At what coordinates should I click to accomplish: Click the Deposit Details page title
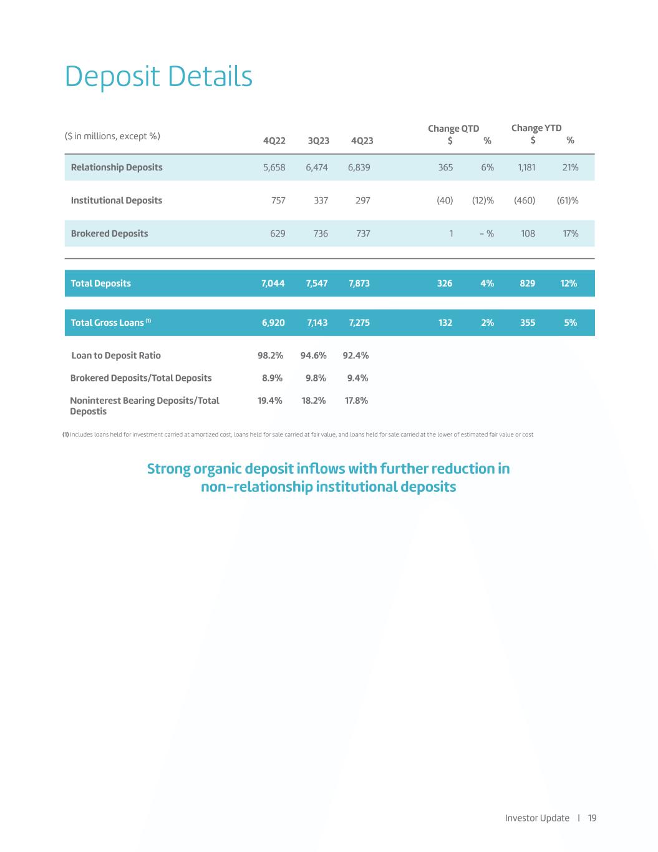(158, 77)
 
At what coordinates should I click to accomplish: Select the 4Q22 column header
(274, 140)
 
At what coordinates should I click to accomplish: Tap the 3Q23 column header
(319, 140)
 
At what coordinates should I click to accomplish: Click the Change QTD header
(453, 129)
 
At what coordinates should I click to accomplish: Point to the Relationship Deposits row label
(117, 167)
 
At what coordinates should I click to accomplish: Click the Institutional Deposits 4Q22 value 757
(278, 200)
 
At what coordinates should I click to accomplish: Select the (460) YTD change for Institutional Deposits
(525, 200)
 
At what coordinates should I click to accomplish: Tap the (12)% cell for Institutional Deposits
(483, 200)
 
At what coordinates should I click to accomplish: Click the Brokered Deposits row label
(110, 233)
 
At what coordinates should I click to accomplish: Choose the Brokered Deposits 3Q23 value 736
(321, 233)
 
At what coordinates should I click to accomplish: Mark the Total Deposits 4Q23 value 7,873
(359, 283)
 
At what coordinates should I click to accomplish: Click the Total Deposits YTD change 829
(528, 283)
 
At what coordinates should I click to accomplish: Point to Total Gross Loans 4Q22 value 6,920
(273, 323)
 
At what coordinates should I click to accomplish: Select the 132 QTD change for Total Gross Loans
(445, 323)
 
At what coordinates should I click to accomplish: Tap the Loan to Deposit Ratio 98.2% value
(271, 356)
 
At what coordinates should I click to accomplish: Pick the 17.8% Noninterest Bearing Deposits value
(357, 401)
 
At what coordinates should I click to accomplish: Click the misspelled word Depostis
(89, 412)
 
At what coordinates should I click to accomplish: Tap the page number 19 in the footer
(592, 818)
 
